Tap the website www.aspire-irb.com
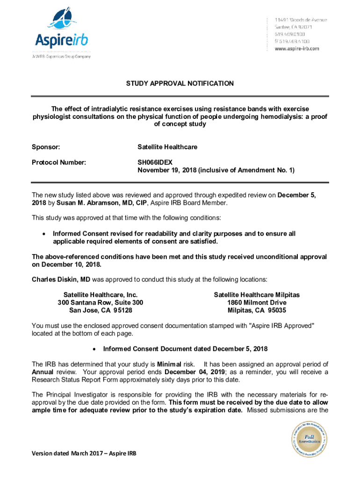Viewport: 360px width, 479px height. point(297,48)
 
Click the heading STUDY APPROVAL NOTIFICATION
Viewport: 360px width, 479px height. point(180,83)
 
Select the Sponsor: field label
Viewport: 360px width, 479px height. point(46,147)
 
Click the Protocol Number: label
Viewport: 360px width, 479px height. point(59,162)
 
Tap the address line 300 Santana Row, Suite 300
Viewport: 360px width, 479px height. point(101,303)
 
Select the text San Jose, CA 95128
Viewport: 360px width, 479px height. point(101,310)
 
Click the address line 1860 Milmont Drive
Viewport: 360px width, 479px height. point(257,303)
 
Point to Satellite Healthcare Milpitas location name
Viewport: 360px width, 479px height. point(257,295)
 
